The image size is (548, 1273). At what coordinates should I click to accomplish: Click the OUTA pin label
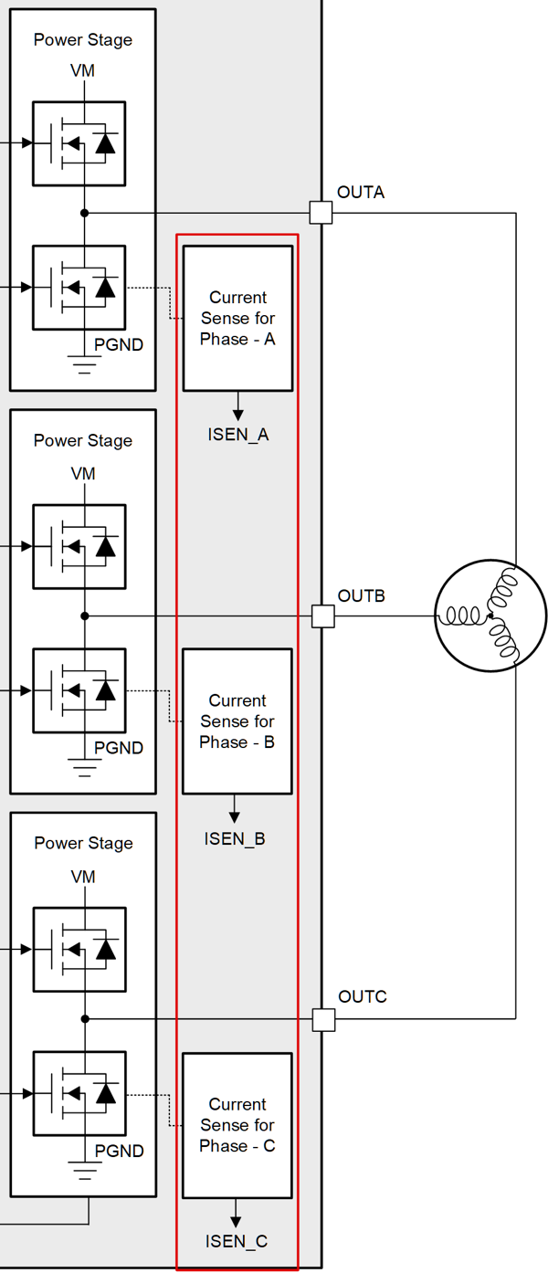tap(361, 193)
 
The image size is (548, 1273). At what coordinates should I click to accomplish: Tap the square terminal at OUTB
tap(322, 616)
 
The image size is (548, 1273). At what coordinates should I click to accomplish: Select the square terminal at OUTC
tap(323, 1019)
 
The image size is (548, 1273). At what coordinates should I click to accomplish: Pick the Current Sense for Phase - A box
tap(237, 318)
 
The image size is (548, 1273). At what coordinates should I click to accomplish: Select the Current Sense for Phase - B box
tap(237, 721)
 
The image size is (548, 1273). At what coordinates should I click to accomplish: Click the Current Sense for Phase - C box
tap(237, 1124)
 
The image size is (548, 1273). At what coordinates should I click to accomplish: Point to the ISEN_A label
tap(237, 435)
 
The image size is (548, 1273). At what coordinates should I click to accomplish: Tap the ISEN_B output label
tap(235, 838)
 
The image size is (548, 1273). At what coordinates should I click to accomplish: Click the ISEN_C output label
tap(237, 1241)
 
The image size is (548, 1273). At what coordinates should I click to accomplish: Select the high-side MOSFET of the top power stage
tap(79, 143)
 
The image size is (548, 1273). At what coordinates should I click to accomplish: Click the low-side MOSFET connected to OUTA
tap(79, 288)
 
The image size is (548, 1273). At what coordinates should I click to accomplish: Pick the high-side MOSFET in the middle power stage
tap(79, 546)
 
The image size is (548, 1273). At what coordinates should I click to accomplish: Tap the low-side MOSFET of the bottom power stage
tap(79, 1094)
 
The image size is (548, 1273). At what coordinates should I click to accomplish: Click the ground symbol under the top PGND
tap(84, 366)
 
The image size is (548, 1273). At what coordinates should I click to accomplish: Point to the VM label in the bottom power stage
tap(83, 877)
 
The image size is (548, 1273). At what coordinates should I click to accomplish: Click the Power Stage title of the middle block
tap(83, 440)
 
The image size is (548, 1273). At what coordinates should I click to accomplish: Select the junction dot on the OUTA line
tap(84, 213)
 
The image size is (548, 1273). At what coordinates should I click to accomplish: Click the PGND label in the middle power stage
tap(119, 748)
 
